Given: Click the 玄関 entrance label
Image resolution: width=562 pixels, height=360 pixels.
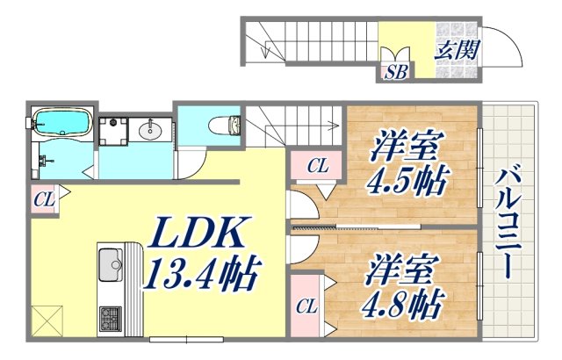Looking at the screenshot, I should click(457, 49).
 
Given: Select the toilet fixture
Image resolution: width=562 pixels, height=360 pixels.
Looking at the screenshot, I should click(220, 125).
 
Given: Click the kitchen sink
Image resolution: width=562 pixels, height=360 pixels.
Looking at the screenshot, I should click(111, 264).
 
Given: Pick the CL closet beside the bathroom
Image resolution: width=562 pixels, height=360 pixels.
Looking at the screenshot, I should click(44, 200).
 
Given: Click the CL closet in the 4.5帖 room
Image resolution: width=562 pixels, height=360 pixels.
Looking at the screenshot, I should click(318, 164).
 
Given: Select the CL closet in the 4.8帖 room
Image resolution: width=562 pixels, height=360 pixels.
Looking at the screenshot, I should click(305, 306).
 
